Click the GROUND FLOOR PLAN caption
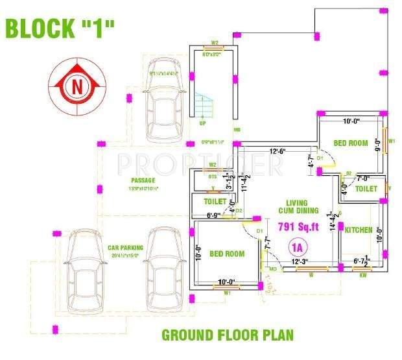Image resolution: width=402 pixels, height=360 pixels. pos(227,335)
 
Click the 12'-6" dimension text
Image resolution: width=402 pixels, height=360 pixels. pos(279,152)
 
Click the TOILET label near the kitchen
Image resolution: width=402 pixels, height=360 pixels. pos(366,189)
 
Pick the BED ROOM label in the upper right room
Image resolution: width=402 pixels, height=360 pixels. pos(350,143)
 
